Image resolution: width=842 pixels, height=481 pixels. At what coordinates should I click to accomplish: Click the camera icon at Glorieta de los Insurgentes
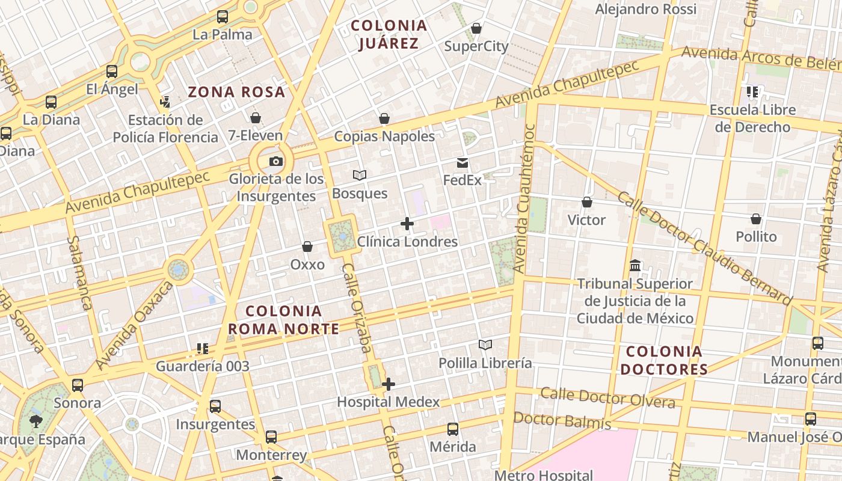pos(276,161)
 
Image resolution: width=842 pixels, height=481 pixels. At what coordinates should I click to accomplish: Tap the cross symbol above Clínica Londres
pos(407,224)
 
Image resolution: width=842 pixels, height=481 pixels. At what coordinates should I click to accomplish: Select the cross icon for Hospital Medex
pos(389,384)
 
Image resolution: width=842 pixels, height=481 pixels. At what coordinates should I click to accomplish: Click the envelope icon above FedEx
pos(462,162)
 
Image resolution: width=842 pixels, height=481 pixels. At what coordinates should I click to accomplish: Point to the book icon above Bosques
pos(360,175)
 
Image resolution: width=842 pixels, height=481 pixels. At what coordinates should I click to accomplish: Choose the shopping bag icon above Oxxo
pos(307,247)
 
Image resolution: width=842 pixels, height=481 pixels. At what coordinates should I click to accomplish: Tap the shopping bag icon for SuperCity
pos(476,28)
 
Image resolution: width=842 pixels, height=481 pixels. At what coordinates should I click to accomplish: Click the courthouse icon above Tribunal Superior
pos(635,265)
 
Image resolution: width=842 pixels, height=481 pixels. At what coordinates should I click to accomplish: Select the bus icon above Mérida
pos(453,429)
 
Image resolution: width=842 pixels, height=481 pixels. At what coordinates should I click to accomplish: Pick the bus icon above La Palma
pos(223,17)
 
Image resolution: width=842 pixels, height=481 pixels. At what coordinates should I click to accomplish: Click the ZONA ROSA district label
pos(236,92)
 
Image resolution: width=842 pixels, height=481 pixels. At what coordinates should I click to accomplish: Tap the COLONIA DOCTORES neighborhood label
pos(664,360)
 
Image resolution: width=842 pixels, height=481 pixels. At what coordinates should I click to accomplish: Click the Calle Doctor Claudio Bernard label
pos(704,248)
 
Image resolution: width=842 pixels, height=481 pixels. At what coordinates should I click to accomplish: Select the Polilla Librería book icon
pos(485,345)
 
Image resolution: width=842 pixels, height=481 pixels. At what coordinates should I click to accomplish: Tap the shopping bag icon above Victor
pos(587,202)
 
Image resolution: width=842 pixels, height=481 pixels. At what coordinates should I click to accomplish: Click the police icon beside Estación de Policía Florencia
pos(165,102)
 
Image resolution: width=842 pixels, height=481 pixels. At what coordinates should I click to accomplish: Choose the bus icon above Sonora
pos(78,385)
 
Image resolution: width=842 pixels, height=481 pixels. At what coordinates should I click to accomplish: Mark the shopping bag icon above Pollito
pos(756,219)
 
